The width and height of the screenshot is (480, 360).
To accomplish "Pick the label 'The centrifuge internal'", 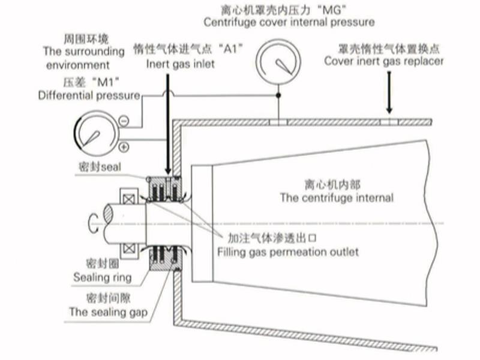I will (x=337, y=197).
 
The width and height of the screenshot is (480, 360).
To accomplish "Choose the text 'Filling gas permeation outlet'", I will (x=287, y=251).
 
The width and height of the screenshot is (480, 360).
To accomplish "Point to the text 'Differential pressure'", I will (x=89, y=95).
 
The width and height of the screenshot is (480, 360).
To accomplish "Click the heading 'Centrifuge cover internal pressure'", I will (x=289, y=22).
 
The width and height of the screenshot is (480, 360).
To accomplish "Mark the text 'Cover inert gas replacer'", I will (x=384, y=61).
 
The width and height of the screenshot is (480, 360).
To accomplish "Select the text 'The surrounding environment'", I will (x=77, y=58).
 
